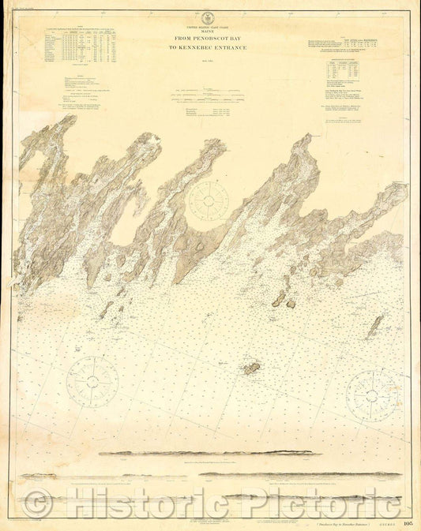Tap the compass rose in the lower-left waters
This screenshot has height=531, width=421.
pyautogui.click(x=92, y=382)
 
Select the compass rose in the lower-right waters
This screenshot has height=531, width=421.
pyautogui.click(x=371, y=395)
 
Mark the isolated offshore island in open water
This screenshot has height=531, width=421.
pyautogui.click(x=253, y=368)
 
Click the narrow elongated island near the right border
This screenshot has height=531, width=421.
pyautogui.click(x=375, y=326)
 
